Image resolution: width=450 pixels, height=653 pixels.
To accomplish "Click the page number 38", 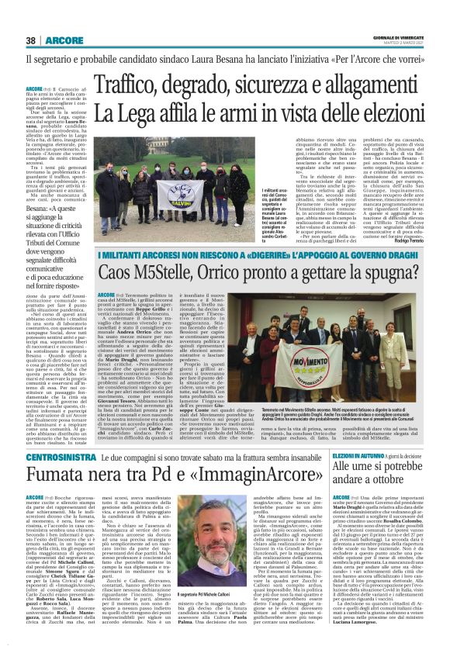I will click(x=30, y=40).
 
